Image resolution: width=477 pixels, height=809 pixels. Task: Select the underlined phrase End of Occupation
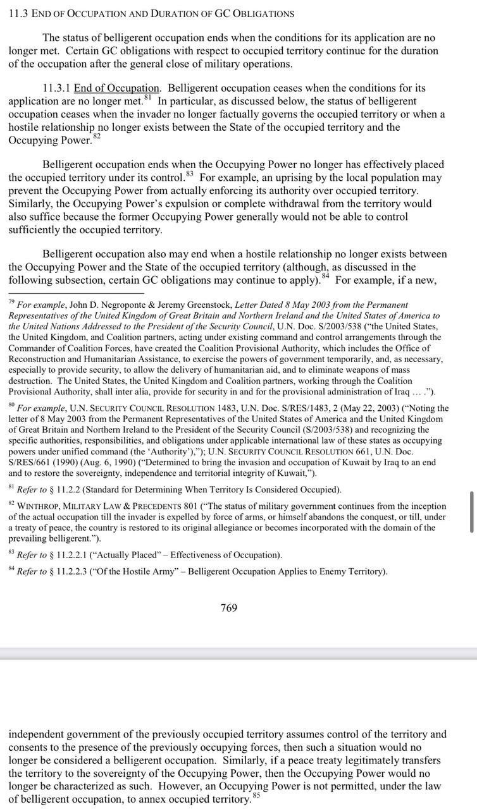[x=116, y=88]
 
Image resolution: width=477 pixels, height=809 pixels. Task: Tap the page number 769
[x=228, y=607]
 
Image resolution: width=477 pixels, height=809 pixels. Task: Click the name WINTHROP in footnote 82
[x=41, y=506]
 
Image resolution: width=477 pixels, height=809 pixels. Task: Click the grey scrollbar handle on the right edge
[x=472, y=512]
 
